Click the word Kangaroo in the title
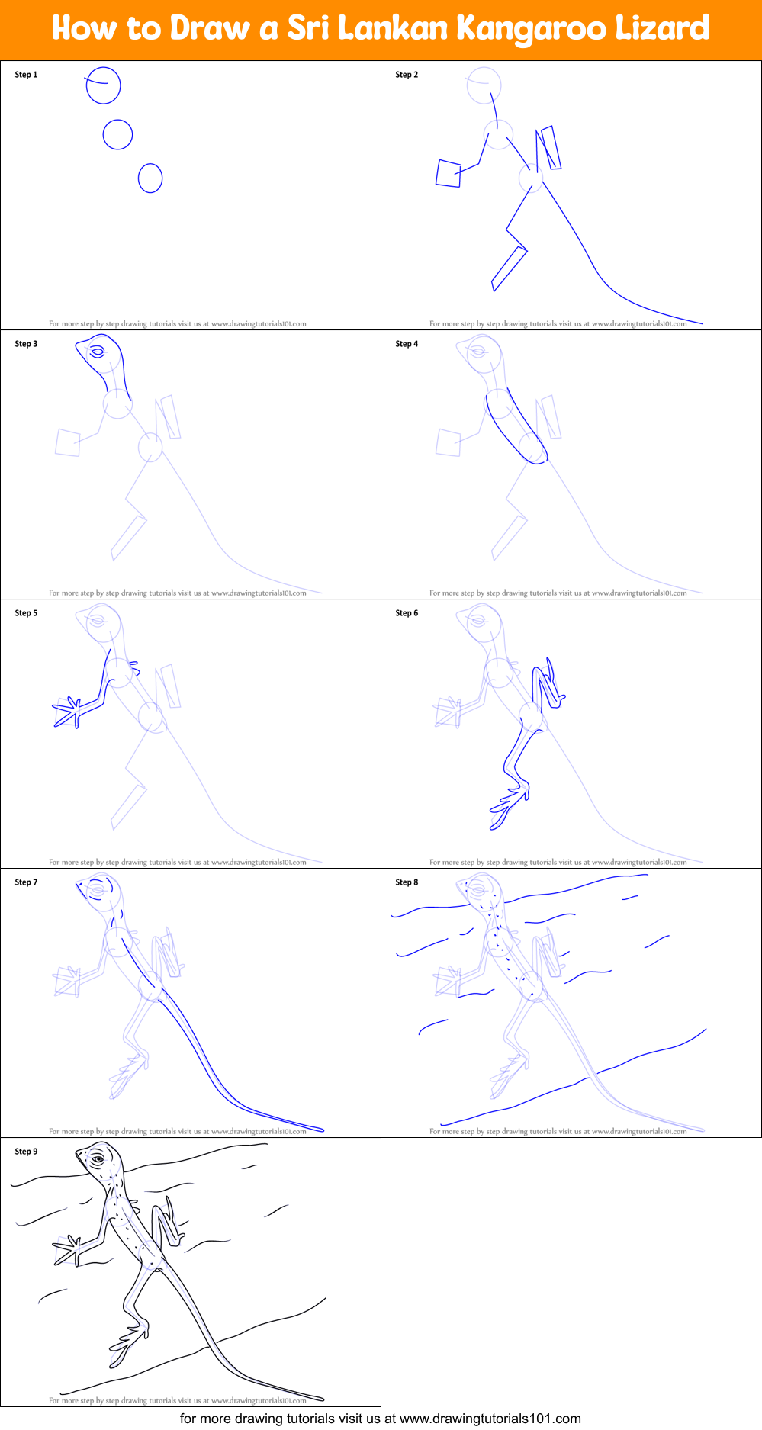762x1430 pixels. tap(531, 29)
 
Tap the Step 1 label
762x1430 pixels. tap(26, 75)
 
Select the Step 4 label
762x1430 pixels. tap(407, 344)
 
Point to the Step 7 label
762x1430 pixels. tap(26, 882)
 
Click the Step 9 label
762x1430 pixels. tap(26, 1152)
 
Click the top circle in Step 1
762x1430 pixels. tap(103, 85)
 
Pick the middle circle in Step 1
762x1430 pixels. tap(117, 134)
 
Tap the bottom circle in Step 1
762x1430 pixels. tap(150, 178)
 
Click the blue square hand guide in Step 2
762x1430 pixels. tap(448, 174)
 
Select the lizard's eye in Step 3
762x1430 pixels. tap(98, 352)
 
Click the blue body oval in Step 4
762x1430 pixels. tap(516, 427)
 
